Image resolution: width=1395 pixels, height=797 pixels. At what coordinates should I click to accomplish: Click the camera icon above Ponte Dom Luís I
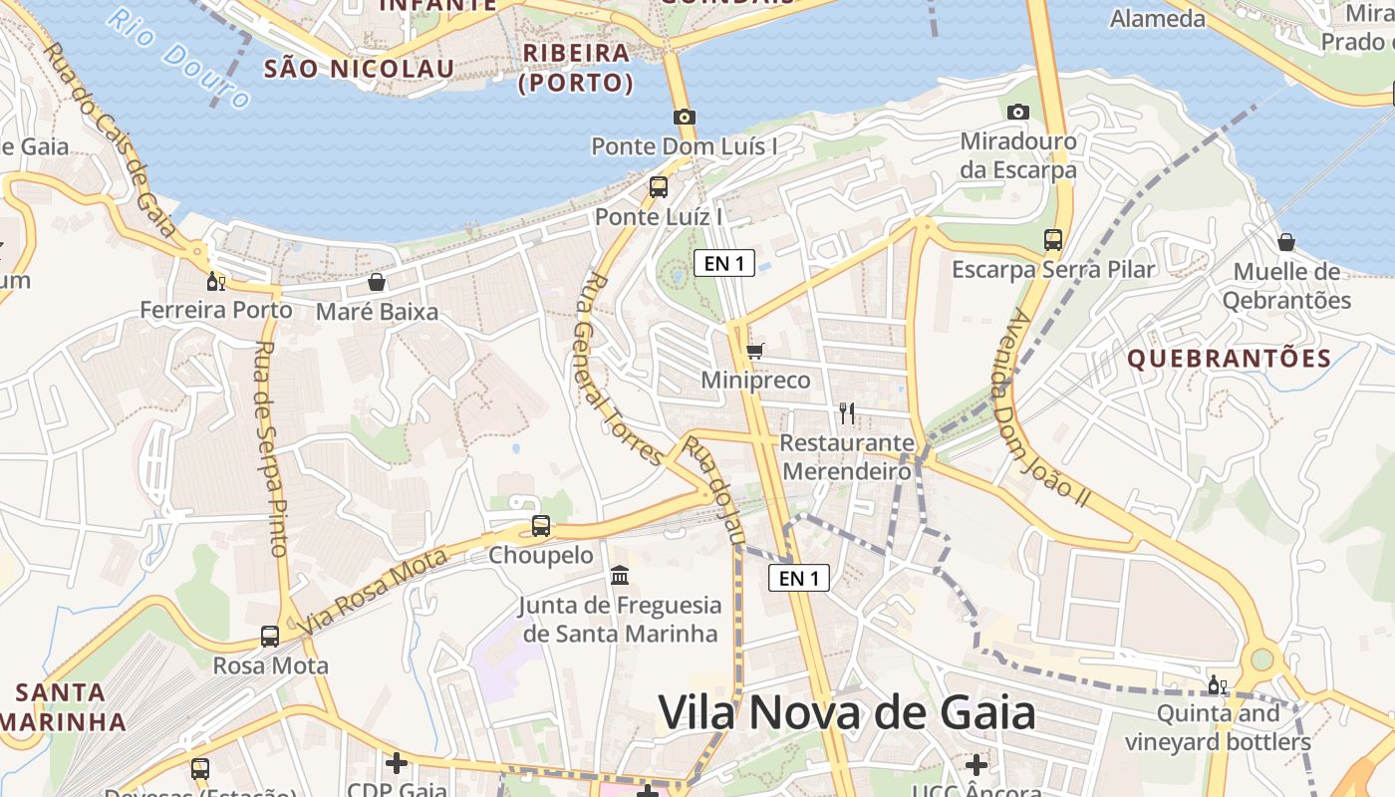pos(684,117)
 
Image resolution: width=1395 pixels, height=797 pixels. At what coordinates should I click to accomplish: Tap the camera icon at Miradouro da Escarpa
pos(1017,112)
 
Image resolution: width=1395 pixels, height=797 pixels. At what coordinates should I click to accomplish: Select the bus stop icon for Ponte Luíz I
pos(658,186)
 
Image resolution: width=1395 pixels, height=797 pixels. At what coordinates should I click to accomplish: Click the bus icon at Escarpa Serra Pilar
pos(1052,239)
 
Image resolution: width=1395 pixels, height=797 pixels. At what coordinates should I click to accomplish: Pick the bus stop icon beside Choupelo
pos(540,525)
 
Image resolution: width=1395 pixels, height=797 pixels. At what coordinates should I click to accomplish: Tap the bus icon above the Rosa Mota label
pos(269,636)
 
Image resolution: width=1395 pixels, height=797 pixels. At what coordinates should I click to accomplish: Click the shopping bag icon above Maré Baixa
pos(376,282)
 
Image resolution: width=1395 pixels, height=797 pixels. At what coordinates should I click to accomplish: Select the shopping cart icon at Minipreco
pos(754,351)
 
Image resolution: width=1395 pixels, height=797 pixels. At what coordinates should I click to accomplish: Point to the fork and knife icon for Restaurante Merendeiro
pos(846,412)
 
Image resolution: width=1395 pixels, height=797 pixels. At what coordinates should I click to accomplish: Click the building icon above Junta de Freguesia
pos(620,575)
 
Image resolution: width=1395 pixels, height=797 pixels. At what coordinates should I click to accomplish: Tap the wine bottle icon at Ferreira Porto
pos(215,281)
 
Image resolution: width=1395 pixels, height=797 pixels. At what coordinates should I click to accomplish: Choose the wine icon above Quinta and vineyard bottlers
pos(1217,684)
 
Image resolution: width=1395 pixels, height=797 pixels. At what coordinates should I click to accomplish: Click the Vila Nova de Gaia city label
pos(847,712)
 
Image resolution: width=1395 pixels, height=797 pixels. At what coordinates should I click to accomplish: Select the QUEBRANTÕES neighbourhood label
pos(1229,359)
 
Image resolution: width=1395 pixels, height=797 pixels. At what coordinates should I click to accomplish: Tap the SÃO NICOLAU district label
pos(359,69)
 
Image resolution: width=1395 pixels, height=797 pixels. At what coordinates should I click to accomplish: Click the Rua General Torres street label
pos(618,369)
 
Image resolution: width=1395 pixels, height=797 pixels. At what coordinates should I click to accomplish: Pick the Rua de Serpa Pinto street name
pos(270,448)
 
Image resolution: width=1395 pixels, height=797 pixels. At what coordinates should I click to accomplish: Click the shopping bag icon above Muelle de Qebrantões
pos(1285,242)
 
